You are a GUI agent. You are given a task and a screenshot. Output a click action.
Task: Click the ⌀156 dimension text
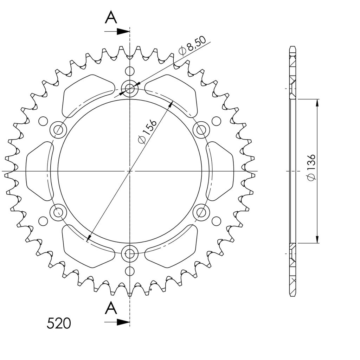click(x=147, y=131)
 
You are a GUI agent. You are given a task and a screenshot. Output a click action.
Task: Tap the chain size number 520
click(x=59, y=323)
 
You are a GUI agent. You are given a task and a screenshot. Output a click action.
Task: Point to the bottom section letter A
click(x=111, y=308)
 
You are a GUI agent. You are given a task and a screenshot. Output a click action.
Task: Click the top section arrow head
click(x=123, y=31)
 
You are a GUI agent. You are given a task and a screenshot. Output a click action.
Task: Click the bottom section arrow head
click(x=123, y=322)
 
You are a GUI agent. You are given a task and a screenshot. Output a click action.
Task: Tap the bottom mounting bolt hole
click(x=130, y=253)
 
